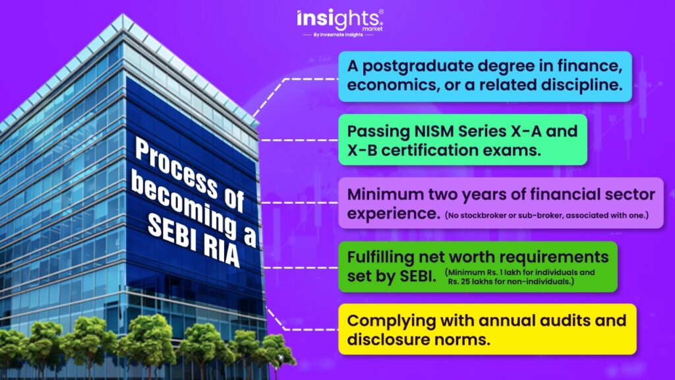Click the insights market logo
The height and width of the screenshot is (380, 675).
[339, 22]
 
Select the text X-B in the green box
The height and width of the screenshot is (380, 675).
[362, 150]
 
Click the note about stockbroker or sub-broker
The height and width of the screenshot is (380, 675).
[546, 216]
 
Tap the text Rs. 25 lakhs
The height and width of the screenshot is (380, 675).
[473, 282]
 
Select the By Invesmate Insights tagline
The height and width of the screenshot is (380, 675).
[338, 35]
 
